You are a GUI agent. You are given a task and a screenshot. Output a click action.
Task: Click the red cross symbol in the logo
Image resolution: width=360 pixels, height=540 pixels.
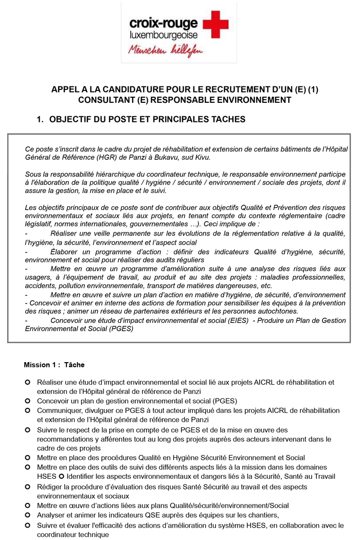(216, 27)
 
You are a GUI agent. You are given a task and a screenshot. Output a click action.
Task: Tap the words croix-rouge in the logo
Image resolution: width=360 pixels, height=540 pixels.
(164, 23)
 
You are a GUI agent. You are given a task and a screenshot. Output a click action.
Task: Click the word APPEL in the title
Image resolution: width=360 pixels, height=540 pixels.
(66, 89)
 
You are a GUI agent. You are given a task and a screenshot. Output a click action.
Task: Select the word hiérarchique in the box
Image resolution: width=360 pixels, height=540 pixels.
(112, 175)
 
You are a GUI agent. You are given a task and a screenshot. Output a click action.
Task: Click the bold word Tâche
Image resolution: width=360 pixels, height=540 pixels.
(75, 365)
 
